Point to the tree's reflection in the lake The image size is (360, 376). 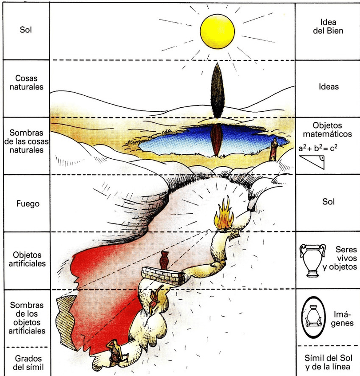pos(216,139)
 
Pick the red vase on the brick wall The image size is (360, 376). pos(164,260)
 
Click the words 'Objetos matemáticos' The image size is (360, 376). pos(328,129)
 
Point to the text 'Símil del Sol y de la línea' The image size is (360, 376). pos(328,362)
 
